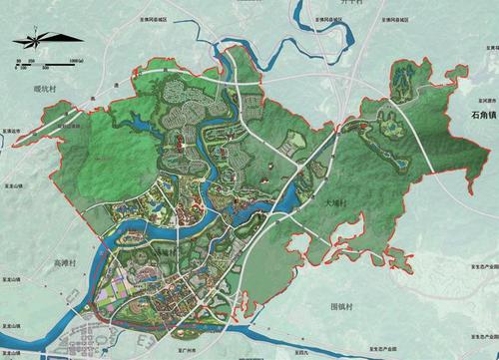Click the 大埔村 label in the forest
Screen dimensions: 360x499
[x=334, y=202]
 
